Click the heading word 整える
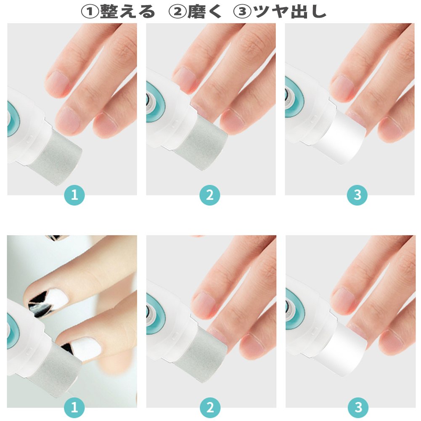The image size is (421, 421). point(127,12)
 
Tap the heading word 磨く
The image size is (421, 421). point(204,12)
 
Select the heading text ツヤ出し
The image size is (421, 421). point(290,12)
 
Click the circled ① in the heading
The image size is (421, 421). point(90,12)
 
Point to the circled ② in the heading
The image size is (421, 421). point(177,12)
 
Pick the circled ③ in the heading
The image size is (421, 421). point(243,12)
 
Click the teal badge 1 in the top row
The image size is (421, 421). point(74,195)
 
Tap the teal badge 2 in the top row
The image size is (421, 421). point(210,195)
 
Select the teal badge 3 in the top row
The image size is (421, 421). point(357,195)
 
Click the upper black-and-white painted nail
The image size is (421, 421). point(48,302)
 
